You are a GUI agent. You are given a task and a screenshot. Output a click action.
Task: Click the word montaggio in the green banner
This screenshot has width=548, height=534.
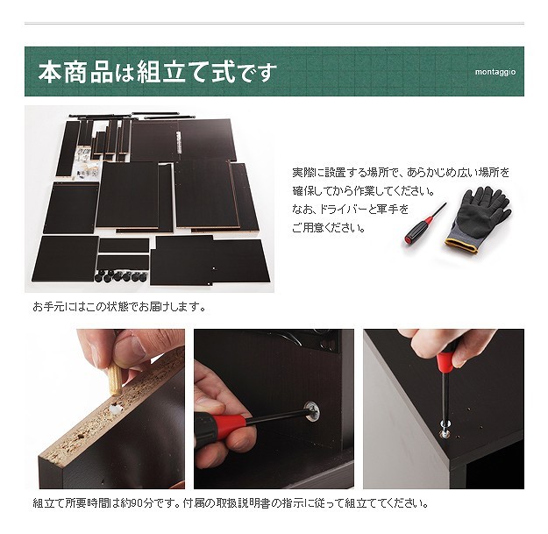[495, 72]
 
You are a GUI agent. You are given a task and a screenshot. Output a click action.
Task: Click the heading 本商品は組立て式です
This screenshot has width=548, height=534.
[158, 73]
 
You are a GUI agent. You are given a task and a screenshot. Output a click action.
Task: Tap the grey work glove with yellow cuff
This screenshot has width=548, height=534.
[479, 219]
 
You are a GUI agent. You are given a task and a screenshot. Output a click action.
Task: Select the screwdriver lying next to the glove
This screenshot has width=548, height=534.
[425, 224]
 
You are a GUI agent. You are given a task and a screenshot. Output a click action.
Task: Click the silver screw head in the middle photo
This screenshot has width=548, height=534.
[312, 410]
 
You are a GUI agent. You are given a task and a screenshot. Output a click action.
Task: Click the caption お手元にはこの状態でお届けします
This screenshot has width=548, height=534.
[119, 307]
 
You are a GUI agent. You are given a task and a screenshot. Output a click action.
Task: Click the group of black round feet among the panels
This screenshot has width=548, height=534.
[120, 276]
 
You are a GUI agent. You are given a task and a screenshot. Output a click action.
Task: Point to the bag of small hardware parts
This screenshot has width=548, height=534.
[86, 163]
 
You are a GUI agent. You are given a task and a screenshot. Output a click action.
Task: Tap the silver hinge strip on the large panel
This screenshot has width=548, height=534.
[178, 142]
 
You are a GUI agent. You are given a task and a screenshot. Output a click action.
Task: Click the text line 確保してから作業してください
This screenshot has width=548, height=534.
[364, 191]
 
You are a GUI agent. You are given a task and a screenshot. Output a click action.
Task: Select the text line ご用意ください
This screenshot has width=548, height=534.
[329, 228]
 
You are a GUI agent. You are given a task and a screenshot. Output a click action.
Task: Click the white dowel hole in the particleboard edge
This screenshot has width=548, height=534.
[115, 408]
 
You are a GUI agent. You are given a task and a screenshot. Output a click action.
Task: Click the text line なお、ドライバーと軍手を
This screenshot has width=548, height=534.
[351, 210]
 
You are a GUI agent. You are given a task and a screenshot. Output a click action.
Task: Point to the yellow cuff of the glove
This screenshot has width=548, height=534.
[461, 245]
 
